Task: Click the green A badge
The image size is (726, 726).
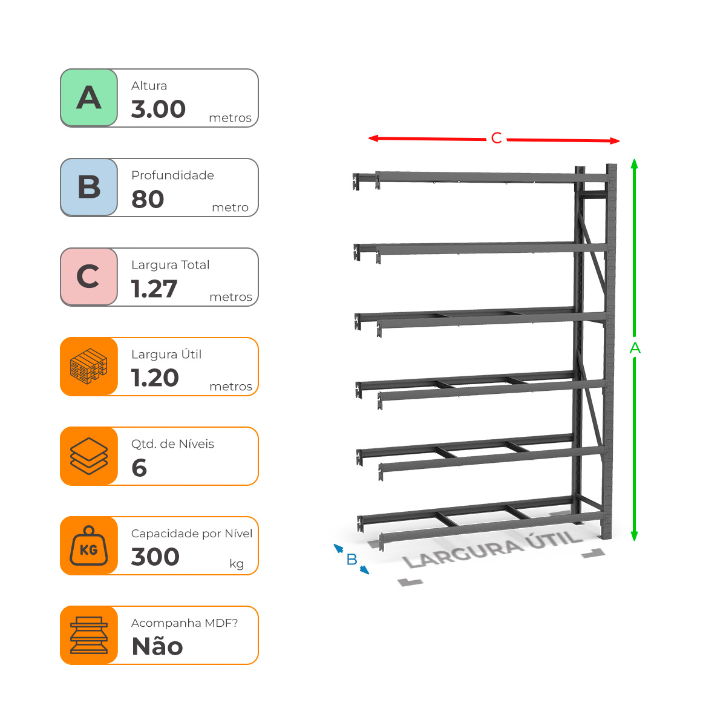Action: pyautogui.click(x=89, y=97)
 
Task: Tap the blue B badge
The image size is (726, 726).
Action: pyautogui.click(x=89, y=187)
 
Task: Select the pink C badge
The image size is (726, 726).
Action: pyautogui.click(x=89, y=277)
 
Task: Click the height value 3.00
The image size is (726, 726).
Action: pyautogui.click(x=159, y=110)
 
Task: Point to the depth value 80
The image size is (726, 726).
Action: pyautogui.click(x=148, y=199)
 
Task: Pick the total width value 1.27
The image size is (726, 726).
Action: pyautogui.click(x=154, y=289)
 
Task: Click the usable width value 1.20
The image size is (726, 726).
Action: pyautogui.click(x=155, y=378)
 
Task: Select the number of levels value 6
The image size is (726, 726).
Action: pyautogui.click(x=139, y=468)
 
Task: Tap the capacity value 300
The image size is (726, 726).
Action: pyautogui.click(x=155, y=557)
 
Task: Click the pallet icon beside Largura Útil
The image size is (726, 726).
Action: pyautogui.click(x=89, y=367)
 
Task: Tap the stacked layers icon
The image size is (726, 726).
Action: pyautogui.click(x=89, y=456)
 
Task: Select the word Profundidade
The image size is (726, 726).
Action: pyautogui.click(x=172, y=175)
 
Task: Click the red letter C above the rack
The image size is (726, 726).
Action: pyautogui.click(x=496, y=139)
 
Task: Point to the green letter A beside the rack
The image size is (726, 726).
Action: pyautogui.click(x=635, y=348)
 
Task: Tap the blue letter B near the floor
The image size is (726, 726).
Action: pyautogui.click(x=352, y=560)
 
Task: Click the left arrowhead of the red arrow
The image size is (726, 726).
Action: pyautogui.click(x=373, y=139)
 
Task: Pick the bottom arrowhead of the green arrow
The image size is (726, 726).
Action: pyautogui.click(x=634, y=535)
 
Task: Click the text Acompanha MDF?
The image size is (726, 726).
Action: pyautogui.click(x=185, y=623)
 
